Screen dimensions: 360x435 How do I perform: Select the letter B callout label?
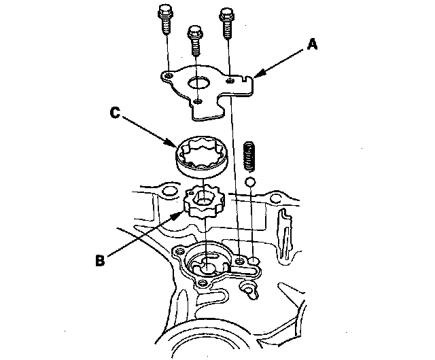(x=100, y=259)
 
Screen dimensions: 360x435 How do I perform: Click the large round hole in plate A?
(x=202, y=85)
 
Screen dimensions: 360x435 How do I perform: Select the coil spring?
(x=249, y=156)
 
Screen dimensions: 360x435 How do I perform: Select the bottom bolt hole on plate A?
(x=196, y=102)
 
